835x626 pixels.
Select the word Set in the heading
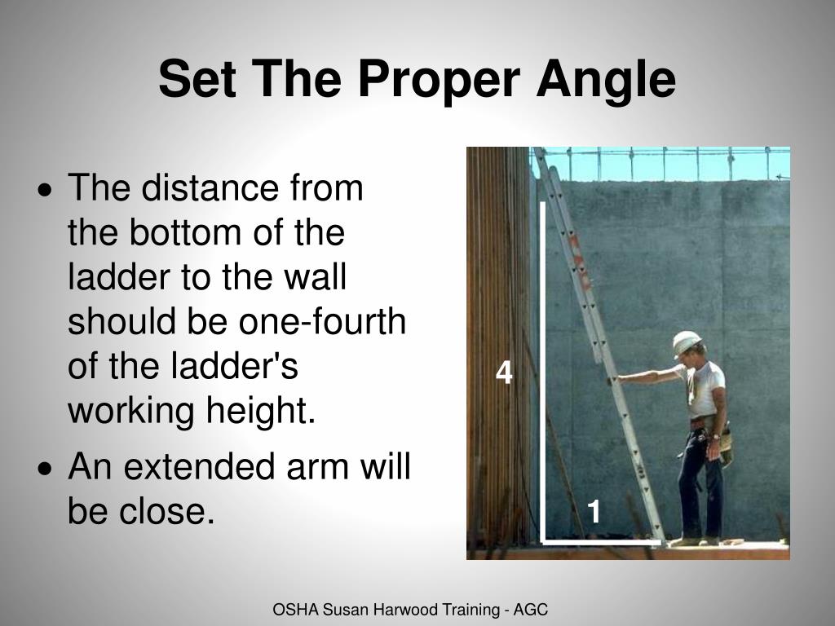point(193,80)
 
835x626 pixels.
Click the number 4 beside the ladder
point(505,374)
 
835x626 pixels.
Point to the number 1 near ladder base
point(594,513)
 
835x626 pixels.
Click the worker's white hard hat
point(687,343)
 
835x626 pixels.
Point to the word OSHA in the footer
point(290,609)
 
